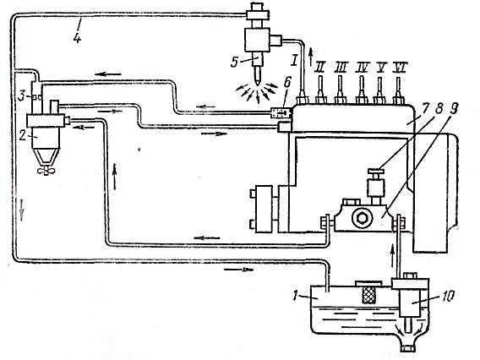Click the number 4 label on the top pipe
pyautogui.click(x=77, y=38)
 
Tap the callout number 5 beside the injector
pyautogui.click(x=234, y=63)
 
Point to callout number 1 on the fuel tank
pyautogui.click(x=295, y=296)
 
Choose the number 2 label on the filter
pyautogui.click(x=22, y=135)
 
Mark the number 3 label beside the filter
pyautogui.click(x=21, y=96)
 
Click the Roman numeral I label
pyautogui.click(x=294, y=61)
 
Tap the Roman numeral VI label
pyautogui.click(x=401, y=66)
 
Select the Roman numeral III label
pyautogui.click(x=340, y=67)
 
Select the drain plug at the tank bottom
pyautogui.click(x=407, y=348)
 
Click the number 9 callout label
pyautogui.click(x=454, y=108)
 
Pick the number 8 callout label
pyautogui.click(x=439, y=108)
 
